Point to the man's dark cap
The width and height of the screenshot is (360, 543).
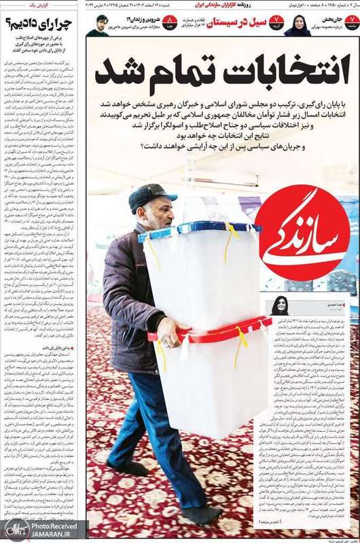pyautogui.click(x=152, y=197)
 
